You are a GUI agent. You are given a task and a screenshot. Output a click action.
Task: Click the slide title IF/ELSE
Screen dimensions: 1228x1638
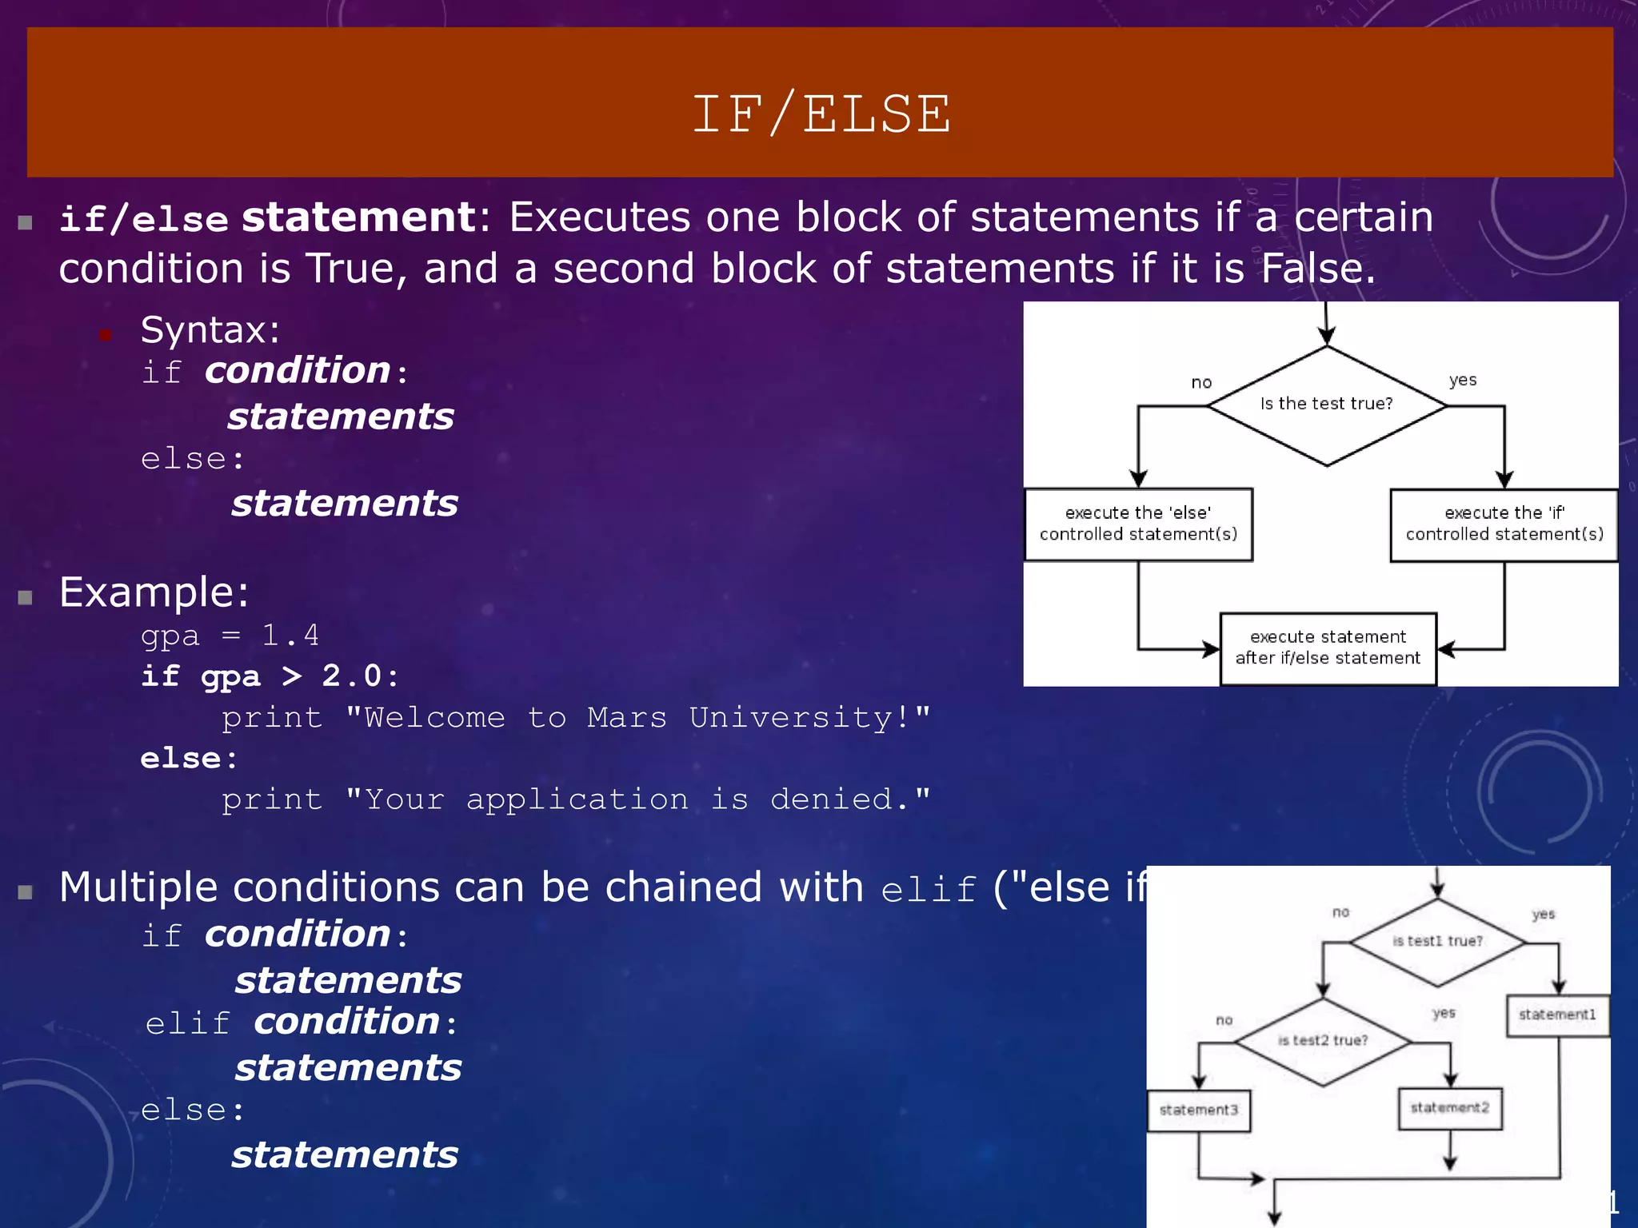coord(821,114)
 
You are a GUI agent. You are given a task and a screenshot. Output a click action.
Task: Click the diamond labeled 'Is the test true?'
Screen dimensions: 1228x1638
coord(1326,405)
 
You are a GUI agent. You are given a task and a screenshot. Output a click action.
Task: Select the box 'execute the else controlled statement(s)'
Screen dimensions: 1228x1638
coord(1138,524)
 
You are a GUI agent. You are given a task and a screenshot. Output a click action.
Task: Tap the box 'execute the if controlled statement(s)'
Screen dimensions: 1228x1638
coord(1504,524)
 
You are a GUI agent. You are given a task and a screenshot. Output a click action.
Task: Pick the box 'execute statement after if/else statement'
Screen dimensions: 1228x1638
coord(1328,648)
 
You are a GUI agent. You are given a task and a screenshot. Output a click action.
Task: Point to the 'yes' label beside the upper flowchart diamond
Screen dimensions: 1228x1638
coord(1463,381)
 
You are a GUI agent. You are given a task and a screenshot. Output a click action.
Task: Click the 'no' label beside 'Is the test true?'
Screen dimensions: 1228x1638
coord(1201,383)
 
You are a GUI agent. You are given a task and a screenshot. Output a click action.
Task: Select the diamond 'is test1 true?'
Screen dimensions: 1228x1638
coord(1437,942)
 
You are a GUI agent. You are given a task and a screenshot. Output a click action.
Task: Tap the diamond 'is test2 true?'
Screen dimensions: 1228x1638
coord(1323,1041)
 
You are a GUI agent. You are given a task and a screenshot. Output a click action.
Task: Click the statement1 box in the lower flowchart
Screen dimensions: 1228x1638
coord(1557,1015)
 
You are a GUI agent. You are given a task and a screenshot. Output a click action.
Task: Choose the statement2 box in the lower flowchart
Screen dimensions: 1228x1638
coord(1449,1108)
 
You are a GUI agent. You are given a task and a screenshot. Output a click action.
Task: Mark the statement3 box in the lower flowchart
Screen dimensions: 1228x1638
coord(1198,1110)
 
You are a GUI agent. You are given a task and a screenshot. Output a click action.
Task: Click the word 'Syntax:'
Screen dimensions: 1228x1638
coord(210,330)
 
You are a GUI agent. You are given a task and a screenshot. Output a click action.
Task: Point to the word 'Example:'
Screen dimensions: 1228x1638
coord(154,592)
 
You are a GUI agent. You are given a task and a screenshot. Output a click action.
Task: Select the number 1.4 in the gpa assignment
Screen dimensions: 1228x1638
coord(290,636)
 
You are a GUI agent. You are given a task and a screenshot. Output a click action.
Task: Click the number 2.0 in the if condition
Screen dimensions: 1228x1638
coord(352,676)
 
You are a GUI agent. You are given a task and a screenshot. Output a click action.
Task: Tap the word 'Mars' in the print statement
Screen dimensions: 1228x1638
coord(627,718)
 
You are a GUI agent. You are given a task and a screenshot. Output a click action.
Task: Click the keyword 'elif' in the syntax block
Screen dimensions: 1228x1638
coord(188,1024)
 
